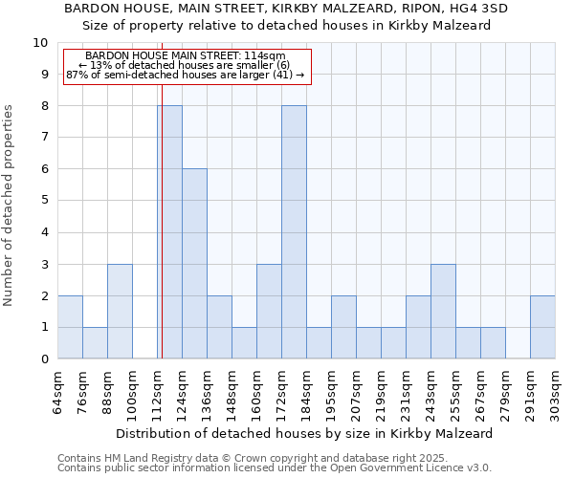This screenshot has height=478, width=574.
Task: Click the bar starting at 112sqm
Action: [170, 232]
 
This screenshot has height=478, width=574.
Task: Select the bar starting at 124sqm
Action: [194, 264]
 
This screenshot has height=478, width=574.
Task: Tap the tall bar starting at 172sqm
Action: [294, 232]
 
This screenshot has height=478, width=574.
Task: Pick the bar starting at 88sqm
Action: [120, 312]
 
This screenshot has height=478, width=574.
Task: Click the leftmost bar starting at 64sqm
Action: [70, 327]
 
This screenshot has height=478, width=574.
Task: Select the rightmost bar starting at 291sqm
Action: [542, 327]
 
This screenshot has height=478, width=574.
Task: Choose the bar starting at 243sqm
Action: [443, 312]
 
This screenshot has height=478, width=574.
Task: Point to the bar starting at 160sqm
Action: [269, 312]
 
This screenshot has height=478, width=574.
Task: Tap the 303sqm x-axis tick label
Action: [556, 392]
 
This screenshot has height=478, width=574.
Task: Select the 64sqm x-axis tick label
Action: [58, 392]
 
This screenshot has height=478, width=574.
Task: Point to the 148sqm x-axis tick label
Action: [232, 392]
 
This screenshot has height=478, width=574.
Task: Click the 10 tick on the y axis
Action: [40, 43]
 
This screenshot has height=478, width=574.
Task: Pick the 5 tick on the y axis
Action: [44, 201]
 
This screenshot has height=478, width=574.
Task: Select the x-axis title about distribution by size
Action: [303, 433]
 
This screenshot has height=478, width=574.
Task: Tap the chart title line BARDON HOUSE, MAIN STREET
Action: [286, 9]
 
